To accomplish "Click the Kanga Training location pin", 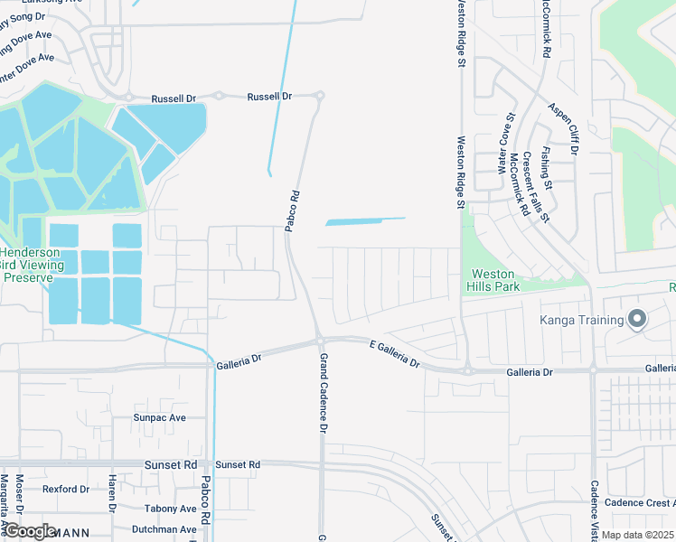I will (637, 320).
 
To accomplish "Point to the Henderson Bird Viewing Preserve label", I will (33, 265).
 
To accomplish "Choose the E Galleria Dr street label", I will (395, 352).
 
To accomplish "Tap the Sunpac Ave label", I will (159, 418).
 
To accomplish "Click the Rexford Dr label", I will (66, 490).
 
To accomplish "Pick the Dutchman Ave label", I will (164, 529).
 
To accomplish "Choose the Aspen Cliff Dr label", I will (562, 127).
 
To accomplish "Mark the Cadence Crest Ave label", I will (638, 503).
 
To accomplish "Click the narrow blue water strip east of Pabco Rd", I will (364, 220).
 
